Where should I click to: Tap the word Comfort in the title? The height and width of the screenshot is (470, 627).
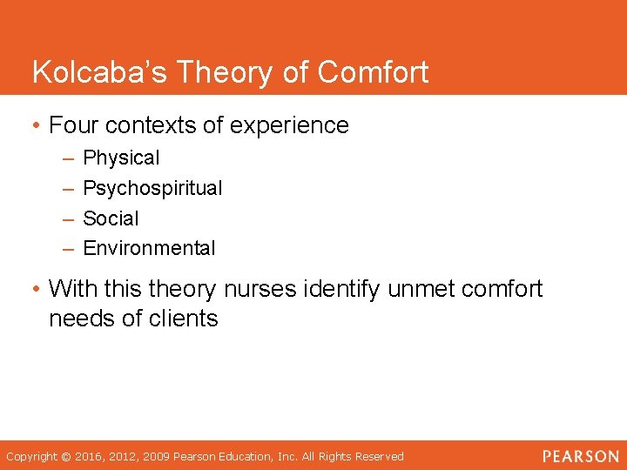(x=373, y=72)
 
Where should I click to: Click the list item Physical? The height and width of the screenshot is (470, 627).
(x=121, y=158)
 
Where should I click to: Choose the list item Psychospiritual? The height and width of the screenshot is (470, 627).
(x=152, y=188)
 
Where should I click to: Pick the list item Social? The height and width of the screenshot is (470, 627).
(x=111, y=218)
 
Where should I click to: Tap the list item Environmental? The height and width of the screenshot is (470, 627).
(x=149, y=248)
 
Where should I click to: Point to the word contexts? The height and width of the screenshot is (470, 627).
(x=150, y=125)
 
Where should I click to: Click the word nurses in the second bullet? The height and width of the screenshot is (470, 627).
(x=257, y=288)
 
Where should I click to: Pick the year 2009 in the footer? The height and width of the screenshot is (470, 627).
(x=157, y=457)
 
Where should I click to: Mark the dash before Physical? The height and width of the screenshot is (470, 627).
(x=68, y=158)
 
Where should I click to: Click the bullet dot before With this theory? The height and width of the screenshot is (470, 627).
(x=37, y=288)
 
